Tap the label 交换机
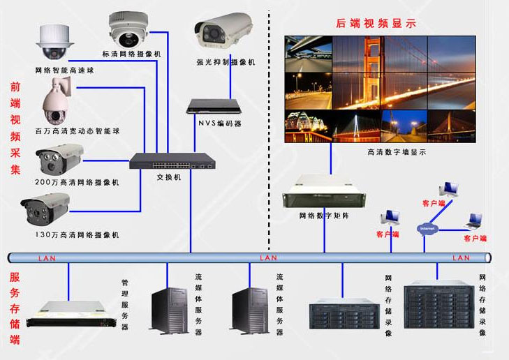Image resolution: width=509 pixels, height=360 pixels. click(x=168, y=177)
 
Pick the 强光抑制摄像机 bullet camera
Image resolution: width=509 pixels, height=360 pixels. click(x=224, y=32)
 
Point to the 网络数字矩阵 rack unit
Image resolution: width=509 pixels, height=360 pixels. click(x=323, y=191)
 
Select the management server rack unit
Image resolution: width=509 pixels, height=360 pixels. click(x=69, y=314)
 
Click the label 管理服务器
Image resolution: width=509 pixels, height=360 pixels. click(x=125, y=305)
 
